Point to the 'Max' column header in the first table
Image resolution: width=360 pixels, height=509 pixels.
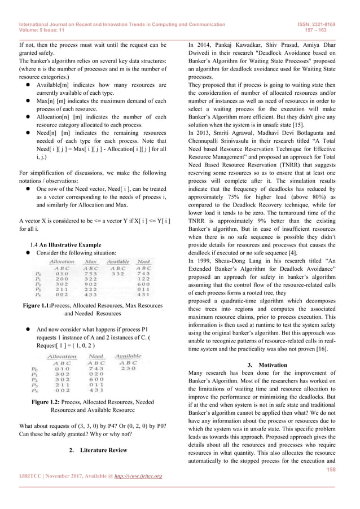(x=90, y=262)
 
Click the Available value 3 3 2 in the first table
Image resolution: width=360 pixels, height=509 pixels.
(x=118, y=274)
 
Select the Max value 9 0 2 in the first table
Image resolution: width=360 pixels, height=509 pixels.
(x=90, y=284)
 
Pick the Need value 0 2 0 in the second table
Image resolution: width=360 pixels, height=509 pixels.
(x=96, y=374)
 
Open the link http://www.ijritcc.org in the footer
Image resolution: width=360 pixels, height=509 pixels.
(x=135, y=476)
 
